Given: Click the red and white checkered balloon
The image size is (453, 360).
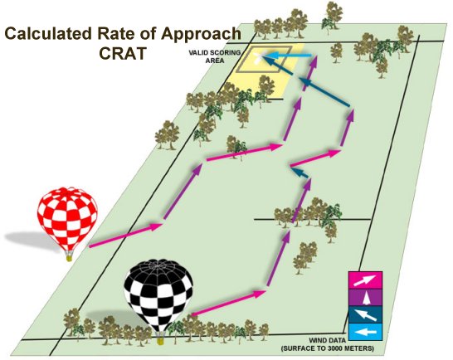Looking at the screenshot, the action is point(67,220).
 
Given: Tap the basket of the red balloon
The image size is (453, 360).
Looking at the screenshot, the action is point(69,257).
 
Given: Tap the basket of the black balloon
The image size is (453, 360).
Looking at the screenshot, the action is point(160,340).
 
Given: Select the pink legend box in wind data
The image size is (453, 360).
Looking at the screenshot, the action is point(365,280).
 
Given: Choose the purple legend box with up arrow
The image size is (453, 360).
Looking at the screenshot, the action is point(365,297).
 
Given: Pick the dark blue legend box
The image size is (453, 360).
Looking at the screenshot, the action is point(365,314).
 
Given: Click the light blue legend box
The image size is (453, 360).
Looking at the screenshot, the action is point(365,332).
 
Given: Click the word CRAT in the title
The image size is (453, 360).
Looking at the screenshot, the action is point(122,53).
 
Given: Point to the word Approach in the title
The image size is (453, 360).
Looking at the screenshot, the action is point(201,35).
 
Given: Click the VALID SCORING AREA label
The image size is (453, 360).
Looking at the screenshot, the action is point(214,56).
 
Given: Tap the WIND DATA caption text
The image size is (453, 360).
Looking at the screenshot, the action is point(328,344).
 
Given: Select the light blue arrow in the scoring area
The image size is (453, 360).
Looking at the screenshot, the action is point(288,56).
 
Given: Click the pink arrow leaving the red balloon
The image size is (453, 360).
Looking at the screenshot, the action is point(125,235).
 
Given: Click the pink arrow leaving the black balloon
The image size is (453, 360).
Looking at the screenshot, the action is point(228,303).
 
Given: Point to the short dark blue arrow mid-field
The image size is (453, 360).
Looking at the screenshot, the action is point(300,172).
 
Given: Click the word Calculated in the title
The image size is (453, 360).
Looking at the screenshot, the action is point(48,33).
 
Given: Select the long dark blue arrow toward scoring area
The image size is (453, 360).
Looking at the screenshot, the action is point(324,91).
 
